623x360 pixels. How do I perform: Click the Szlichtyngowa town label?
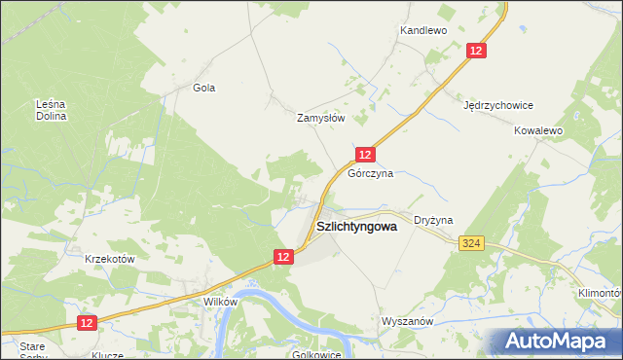pyautogui.click(x=357, y=227)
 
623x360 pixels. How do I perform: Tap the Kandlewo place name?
pyautogui.click(x=422, y=31)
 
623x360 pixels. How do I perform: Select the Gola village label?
pyautogui.click(x=203, y=88)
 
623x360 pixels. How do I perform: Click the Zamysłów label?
pyautogui.click(x=321, y=117)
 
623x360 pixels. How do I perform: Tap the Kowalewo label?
pyautogui.click(x=539, y=129)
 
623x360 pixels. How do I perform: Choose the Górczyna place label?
pyautogui.click(x=371, y=173)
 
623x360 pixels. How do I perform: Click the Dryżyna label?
pyautogui.click(x=433, y=221)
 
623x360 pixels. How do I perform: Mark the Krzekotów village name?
pyautogui.click(x=109, y=259)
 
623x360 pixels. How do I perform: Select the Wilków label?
pyautogui.click(x=220, y=302)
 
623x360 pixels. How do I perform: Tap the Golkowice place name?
pyautogui.click(x=316, y=354)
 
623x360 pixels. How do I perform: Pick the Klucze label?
pyautogui.click(x=107, y=355)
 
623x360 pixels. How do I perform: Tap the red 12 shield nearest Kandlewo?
pyautogui.click(x=476, y=51)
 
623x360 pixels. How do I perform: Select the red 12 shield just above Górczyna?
pyautogui.click(x=364, y=155)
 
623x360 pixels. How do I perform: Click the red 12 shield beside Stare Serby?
pyautogui.click(x=87, y=322)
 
